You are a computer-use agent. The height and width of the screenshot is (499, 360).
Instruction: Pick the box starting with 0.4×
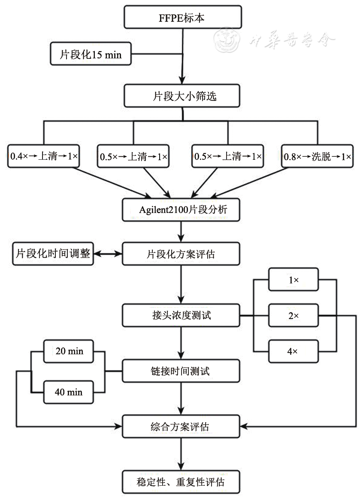tap(44, 156)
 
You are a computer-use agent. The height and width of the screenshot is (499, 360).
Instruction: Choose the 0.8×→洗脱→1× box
tap(318, 156)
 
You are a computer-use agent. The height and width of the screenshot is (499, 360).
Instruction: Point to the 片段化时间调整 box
tap(53, 253)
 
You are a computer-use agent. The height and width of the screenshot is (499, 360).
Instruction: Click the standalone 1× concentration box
tap(293, 280)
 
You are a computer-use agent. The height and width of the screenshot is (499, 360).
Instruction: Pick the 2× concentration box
tap(293, 316)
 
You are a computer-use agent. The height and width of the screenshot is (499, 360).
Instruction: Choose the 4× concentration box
tap(293, 351)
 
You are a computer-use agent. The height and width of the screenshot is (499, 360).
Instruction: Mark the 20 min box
tap(69, 351)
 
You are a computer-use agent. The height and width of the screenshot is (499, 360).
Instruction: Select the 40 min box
tap(69, 392)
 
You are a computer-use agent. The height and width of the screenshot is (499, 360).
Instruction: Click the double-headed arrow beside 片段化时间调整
tap(108, 254)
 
